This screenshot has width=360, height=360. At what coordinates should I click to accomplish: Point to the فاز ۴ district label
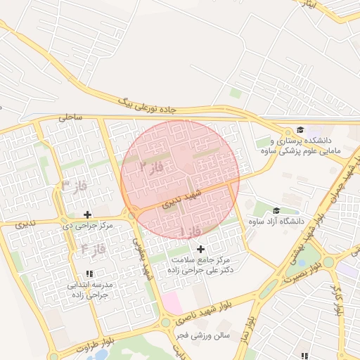point(92,247)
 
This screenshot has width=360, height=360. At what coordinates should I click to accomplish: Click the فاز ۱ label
point(191,230)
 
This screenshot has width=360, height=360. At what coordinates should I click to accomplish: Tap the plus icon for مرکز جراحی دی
point(87,214)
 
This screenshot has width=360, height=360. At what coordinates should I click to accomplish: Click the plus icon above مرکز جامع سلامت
point(201,248)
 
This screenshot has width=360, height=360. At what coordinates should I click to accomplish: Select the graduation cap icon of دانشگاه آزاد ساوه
point(276,210)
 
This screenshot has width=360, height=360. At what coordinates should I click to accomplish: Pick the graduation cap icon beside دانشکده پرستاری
point(301,130)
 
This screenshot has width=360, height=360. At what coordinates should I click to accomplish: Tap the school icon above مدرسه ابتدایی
point(89,274)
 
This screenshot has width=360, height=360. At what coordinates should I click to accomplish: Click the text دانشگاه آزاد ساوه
point(276,221)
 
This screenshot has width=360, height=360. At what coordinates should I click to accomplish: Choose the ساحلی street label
point(70,118)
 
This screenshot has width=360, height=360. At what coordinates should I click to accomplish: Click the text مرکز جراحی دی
point(88,226)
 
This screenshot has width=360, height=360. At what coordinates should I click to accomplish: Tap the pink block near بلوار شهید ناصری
point(172,303)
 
